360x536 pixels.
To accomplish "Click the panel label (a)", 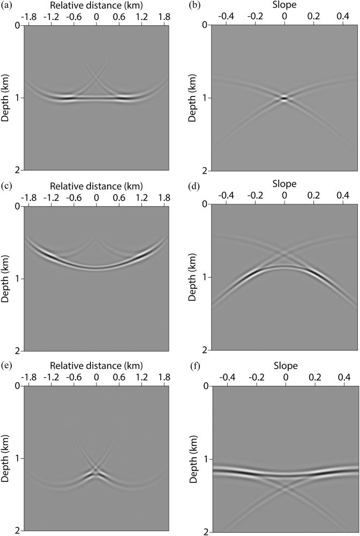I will (6, 6).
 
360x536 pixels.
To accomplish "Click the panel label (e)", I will (6, 367).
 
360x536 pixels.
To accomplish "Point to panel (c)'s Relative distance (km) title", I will (96, 186).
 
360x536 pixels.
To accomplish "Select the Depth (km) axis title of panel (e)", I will (5, 458).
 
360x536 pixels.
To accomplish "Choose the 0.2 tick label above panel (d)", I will (314, 197).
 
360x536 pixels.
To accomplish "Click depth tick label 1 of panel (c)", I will (20, 279).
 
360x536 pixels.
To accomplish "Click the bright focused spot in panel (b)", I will (284, 98).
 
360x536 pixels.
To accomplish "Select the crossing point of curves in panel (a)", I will (96, 78).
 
